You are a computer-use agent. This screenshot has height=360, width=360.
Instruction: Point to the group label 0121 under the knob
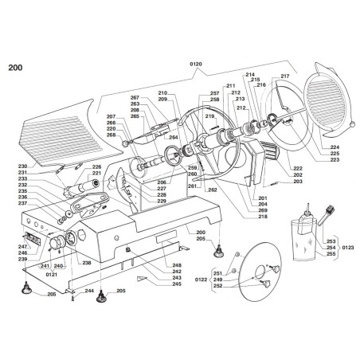[51, 272]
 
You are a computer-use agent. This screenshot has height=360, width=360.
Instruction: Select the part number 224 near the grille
[335, 147]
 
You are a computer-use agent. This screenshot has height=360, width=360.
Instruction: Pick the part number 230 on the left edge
[22, 166]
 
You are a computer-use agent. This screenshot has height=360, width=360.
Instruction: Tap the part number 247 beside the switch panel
[23, 247]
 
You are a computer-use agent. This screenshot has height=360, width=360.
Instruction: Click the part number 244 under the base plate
[89, 292]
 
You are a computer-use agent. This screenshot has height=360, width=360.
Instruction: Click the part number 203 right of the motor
[298, 182]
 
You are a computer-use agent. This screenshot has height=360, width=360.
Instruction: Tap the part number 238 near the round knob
[85, 263]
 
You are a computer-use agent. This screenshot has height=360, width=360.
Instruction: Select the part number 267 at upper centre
[135, 97]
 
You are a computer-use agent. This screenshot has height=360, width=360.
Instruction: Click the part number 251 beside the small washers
[217, 273]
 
